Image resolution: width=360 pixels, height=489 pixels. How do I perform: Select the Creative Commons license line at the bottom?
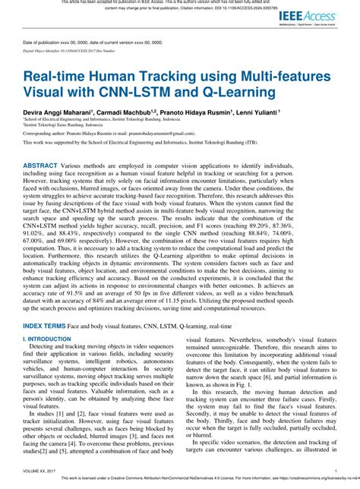(x=205, y=484)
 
